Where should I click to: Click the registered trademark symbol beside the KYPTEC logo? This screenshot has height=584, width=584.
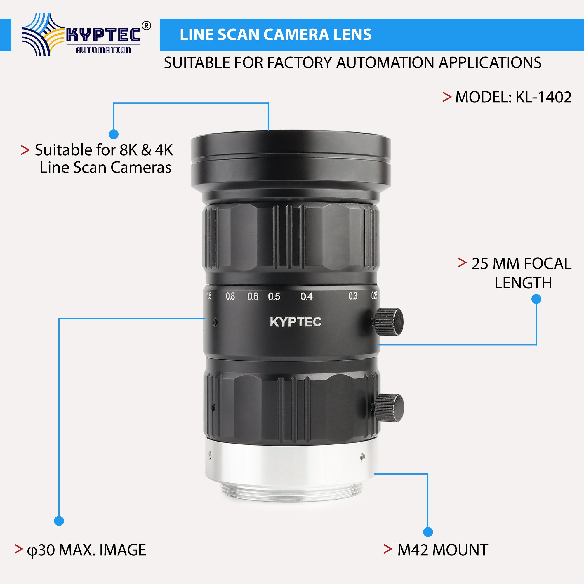tap(146, 26)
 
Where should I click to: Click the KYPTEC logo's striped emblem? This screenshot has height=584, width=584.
tap(43, 34)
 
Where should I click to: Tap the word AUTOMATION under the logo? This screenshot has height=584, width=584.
tap(103, 50)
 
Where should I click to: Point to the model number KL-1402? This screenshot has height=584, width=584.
tap(543, 97)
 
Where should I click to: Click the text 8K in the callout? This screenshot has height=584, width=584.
tap(128, 150)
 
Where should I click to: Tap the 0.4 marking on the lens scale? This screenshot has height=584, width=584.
tap(306, 297)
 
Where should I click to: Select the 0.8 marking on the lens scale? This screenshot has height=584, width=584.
tap(230, 297)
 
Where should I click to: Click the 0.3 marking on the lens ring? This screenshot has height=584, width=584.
tap(352, 296)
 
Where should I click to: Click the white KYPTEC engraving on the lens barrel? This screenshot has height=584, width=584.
tap(295, 322)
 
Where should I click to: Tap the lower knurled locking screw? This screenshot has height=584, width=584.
tap(390, 408)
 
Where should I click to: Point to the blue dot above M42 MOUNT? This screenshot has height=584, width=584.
tap(428, 532)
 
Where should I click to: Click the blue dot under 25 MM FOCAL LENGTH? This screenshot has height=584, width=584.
tap(536, 299)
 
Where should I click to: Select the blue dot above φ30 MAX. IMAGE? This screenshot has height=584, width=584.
tap(59, 521)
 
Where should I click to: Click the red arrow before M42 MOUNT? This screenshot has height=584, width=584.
tap(387, 549)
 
